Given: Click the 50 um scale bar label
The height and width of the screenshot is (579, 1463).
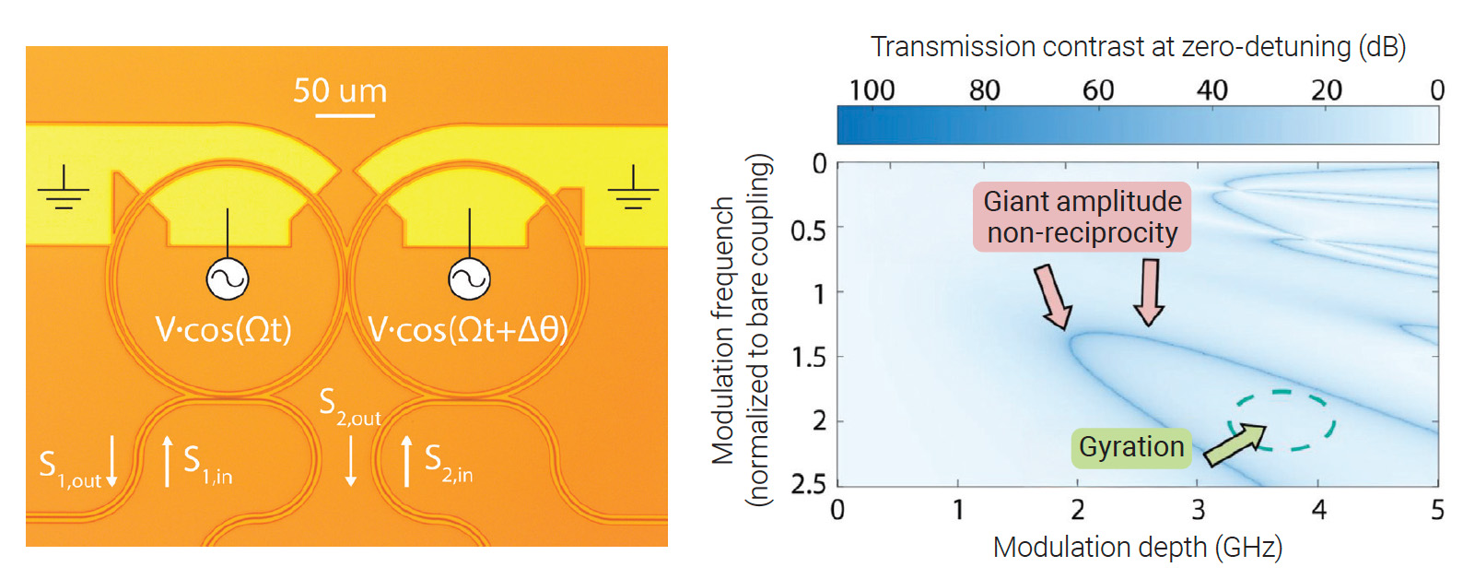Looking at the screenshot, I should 340,90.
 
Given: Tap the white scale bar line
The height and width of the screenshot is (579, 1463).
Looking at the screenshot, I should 345,115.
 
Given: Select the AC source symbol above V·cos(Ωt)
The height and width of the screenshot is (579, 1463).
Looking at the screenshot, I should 227,278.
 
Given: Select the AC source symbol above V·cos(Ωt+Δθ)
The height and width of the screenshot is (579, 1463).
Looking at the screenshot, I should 469,278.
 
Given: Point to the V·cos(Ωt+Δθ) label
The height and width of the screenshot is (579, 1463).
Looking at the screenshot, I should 467,329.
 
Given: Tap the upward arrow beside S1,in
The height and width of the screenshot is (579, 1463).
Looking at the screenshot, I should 167,461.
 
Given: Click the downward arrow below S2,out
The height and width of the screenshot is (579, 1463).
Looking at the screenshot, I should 350,461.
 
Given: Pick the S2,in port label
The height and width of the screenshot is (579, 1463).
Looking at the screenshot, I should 449,461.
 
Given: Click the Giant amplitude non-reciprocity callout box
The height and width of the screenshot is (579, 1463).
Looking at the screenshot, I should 1082,217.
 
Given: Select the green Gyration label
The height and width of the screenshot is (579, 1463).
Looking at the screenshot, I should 1131,447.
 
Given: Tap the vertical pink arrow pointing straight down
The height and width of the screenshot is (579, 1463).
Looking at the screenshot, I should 1149,291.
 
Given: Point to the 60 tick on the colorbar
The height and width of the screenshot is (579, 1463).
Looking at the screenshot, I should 1097,90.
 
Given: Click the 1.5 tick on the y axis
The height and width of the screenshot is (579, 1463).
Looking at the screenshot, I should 808,357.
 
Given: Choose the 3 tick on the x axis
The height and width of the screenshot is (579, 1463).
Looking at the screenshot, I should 1198,510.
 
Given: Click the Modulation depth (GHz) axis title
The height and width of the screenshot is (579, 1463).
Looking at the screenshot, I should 1137,548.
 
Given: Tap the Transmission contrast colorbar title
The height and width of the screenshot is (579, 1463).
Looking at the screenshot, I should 1138,46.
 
